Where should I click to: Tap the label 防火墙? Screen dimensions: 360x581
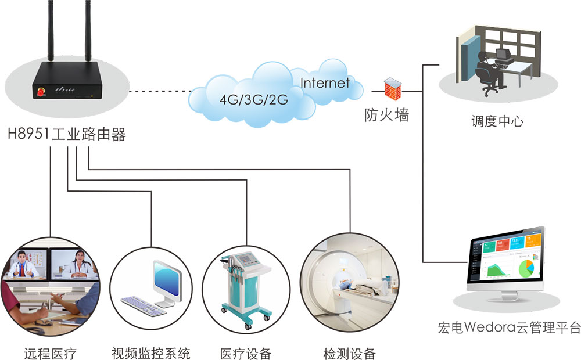click(x=386, y=114)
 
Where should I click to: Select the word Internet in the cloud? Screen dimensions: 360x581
click(x=325, y=82)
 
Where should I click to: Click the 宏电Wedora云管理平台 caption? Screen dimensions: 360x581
click(x=509, y=327)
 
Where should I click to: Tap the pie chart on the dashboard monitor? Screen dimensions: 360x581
click(x=525, y=268)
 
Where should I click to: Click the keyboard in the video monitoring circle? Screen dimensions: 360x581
click(x=143, y=305)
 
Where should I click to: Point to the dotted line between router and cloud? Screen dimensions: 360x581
click(x=160, y=91)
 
